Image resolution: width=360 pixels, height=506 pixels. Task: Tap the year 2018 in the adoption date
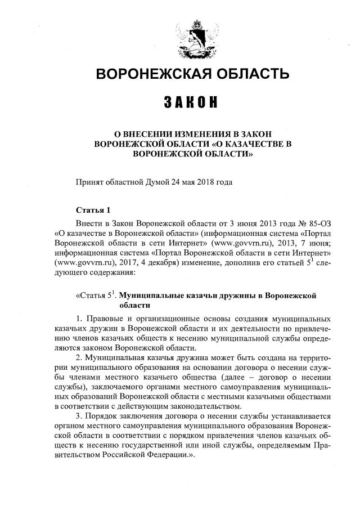[x=205, y=182]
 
